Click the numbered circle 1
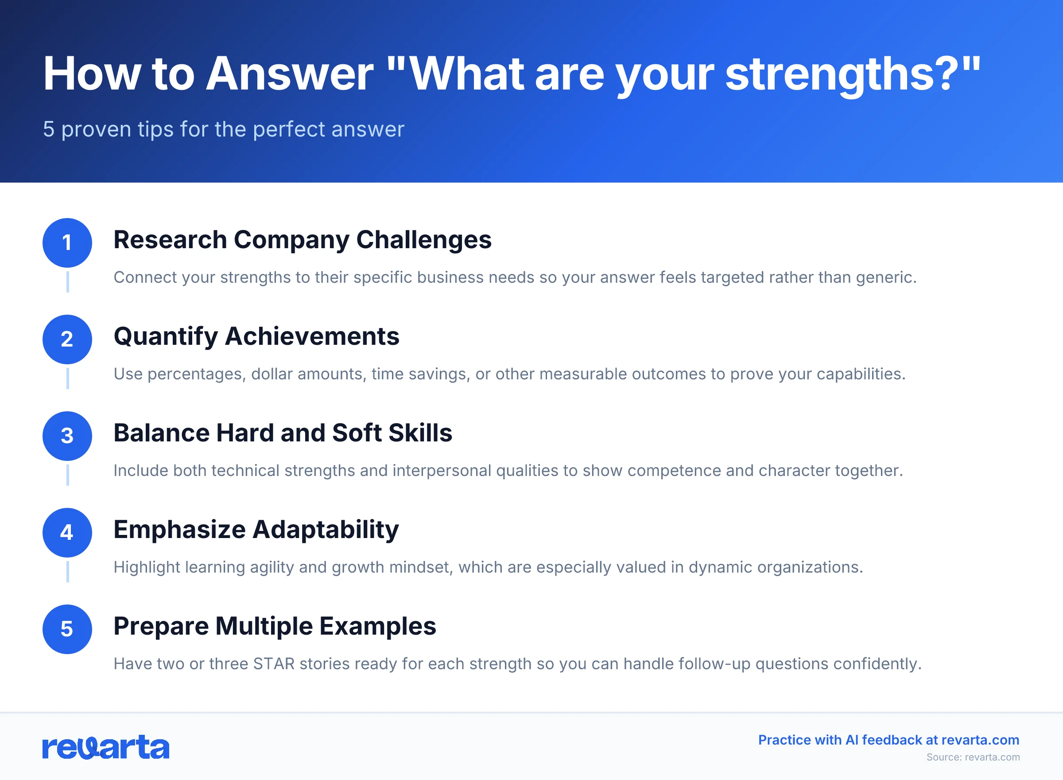pos(67,243)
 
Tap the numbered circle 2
pos(67,339)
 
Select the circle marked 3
pos(67,436)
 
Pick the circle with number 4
pos(67,533)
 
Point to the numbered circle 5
pos(67,629)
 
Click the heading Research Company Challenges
pos(302,240)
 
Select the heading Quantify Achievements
pos(256,337)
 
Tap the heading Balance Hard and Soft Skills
pos(283,433)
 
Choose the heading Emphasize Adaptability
pos(256,530)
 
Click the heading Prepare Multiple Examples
pos(275,627)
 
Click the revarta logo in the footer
pos(106,747)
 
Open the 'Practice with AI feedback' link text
pos(888,740)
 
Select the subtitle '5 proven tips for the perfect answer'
pos(223,129)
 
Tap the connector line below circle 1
pos(67,282)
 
